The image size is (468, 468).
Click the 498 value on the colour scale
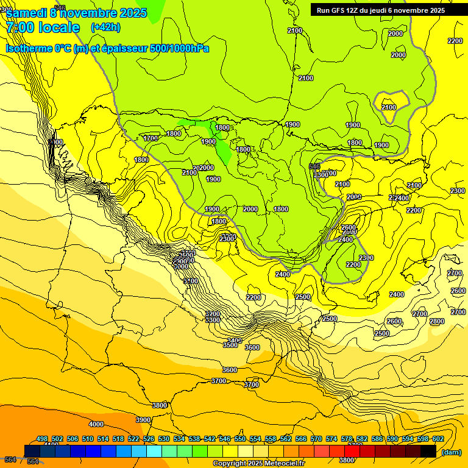click(42, 439)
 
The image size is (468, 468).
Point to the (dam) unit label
click(451, 452)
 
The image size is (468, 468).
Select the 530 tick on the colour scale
click(164, 439)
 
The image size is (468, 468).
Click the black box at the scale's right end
click(428, 451)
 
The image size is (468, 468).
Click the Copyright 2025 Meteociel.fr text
click(259, 464)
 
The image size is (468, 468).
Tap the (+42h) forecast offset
click(105, 27)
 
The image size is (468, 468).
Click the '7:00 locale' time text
click(43, 27)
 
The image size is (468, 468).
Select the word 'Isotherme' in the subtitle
click(30, 48)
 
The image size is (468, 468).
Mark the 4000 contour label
click(96, 424)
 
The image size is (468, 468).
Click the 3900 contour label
click(143, 420)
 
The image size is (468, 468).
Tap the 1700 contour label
click(151, 138)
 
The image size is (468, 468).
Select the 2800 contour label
click(437, 321)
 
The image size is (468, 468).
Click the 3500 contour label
click(230, 346)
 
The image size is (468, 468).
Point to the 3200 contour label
click(212, 314)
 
